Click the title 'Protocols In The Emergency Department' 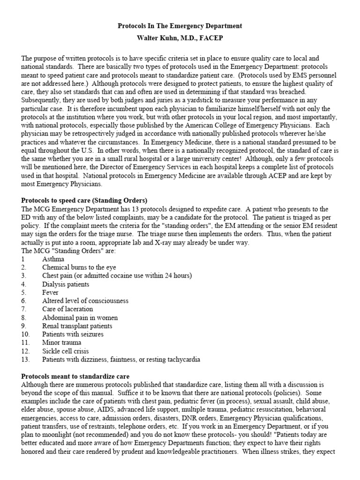(x=180, y=26)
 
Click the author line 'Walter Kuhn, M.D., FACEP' (x=180, y=38)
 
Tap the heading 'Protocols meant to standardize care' (x=75, y=376)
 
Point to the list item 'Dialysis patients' (x=66, y=284)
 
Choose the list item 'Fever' (x=50, y=292)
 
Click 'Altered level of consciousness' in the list (x=85, y=301)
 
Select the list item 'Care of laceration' (x=67, y=309)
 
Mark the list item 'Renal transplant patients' (x=77, y=326)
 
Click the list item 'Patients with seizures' (x=73, y=335)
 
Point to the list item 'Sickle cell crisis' (x=66, y=351)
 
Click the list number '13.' (x=26, y=360)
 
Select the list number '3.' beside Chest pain (x=24, y=276)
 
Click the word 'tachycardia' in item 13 (x=182, y=360)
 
